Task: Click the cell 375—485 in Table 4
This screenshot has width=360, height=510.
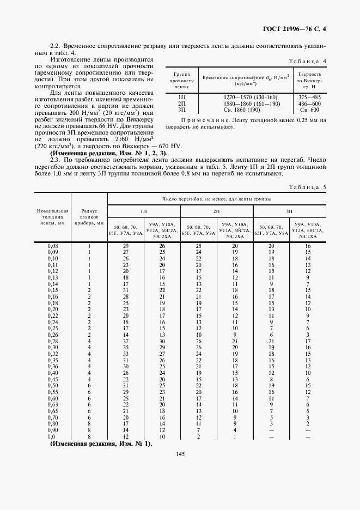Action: [x=310, y=97]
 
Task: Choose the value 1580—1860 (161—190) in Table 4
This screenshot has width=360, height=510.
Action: [x=243, y=103]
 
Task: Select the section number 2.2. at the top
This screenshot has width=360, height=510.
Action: [x=55, y=45]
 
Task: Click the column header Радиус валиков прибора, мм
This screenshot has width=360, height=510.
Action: [x=89, y=217]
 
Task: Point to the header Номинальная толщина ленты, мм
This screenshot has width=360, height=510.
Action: [x=52, y=217]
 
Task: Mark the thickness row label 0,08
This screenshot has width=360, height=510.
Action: [x=52, y=246]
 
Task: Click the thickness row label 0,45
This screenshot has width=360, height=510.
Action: [x=52, y=379]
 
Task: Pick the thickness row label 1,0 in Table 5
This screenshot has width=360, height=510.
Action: [x=52, y=436]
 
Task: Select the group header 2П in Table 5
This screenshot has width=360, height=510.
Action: [x=217, y=210]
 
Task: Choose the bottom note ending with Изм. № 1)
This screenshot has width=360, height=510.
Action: [x=101, y=444]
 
